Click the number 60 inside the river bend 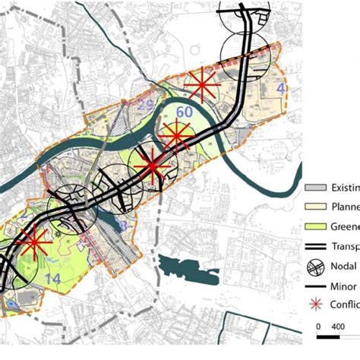click(x=184, y=113)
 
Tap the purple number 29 click(x=146, y=104)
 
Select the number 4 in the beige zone click(x=281, y=89)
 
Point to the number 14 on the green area click(x=52, y=279)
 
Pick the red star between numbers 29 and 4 click(x=202, y=85)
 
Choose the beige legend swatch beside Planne click(x=314, y=207)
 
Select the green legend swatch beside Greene click(x=314, y=226)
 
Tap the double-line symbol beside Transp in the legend click(x=314, y=246)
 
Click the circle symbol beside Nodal click(x=314, y=266)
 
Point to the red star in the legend click(x=314, y=305)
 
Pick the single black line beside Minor click(x=314, y=286)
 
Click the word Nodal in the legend click(x=344, y=266)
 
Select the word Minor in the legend click(x=344, y=286)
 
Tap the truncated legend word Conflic click(x=344, y=305)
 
